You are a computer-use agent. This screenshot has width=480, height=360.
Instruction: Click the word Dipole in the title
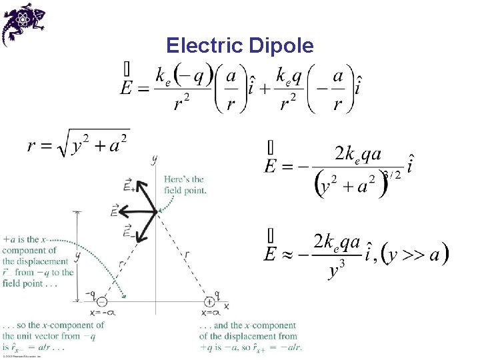click(x=281, y=45)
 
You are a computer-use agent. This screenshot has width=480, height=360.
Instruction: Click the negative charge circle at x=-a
click(x=102, y=301)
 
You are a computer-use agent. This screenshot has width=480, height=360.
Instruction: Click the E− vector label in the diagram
click(x=129, y=231)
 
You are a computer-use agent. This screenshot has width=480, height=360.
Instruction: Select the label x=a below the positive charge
click(x=211, y=313)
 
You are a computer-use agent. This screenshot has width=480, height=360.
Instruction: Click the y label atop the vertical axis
click(x=155, y=159)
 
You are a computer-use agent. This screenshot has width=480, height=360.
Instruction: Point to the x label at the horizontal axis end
click(x=226, y=305)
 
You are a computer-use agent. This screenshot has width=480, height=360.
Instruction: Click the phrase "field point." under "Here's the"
click(x=185, y=190)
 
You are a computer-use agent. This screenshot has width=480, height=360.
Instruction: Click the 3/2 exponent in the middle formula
click(x=392, y=175)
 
